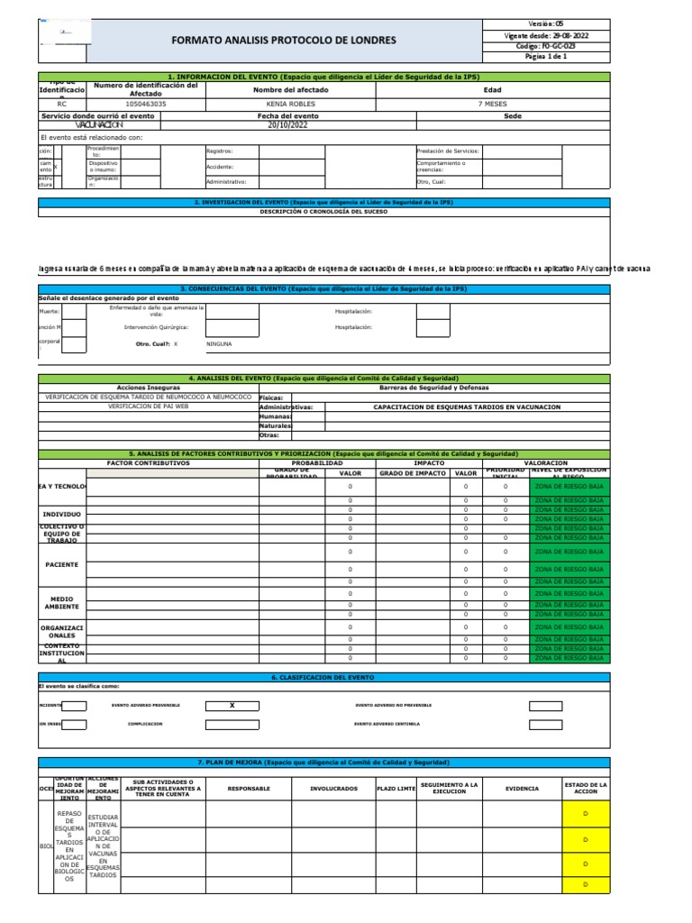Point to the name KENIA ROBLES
pyautogui.click(x=291, y=104)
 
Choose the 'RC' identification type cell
pyautogui.click(x=61, y=104)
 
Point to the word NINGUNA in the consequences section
pyautogui.click(x=219, y=343)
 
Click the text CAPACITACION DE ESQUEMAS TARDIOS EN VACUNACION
pyautogui.click(x=467, y=407)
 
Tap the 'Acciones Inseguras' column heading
pyautogui.click(x=148, y=387)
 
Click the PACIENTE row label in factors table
pyautogui.click(x=62, y=564)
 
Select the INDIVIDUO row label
pyautogui.click(x=62, y=515)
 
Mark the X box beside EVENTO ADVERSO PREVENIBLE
pyautogui.click(x=231, y=705)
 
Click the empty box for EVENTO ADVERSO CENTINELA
pyautogui.click(x=551, y=724)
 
